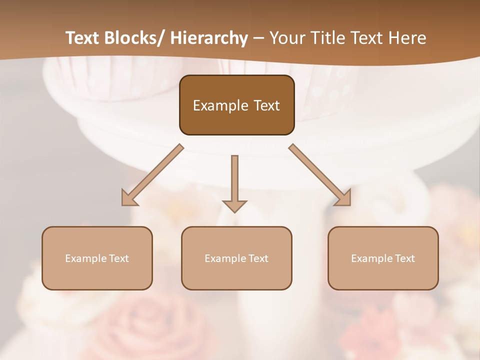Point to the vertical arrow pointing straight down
tap(234, 182)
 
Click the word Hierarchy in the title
tap(209, 38)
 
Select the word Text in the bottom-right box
tap(404, 258)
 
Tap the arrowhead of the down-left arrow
tap(128, 198)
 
